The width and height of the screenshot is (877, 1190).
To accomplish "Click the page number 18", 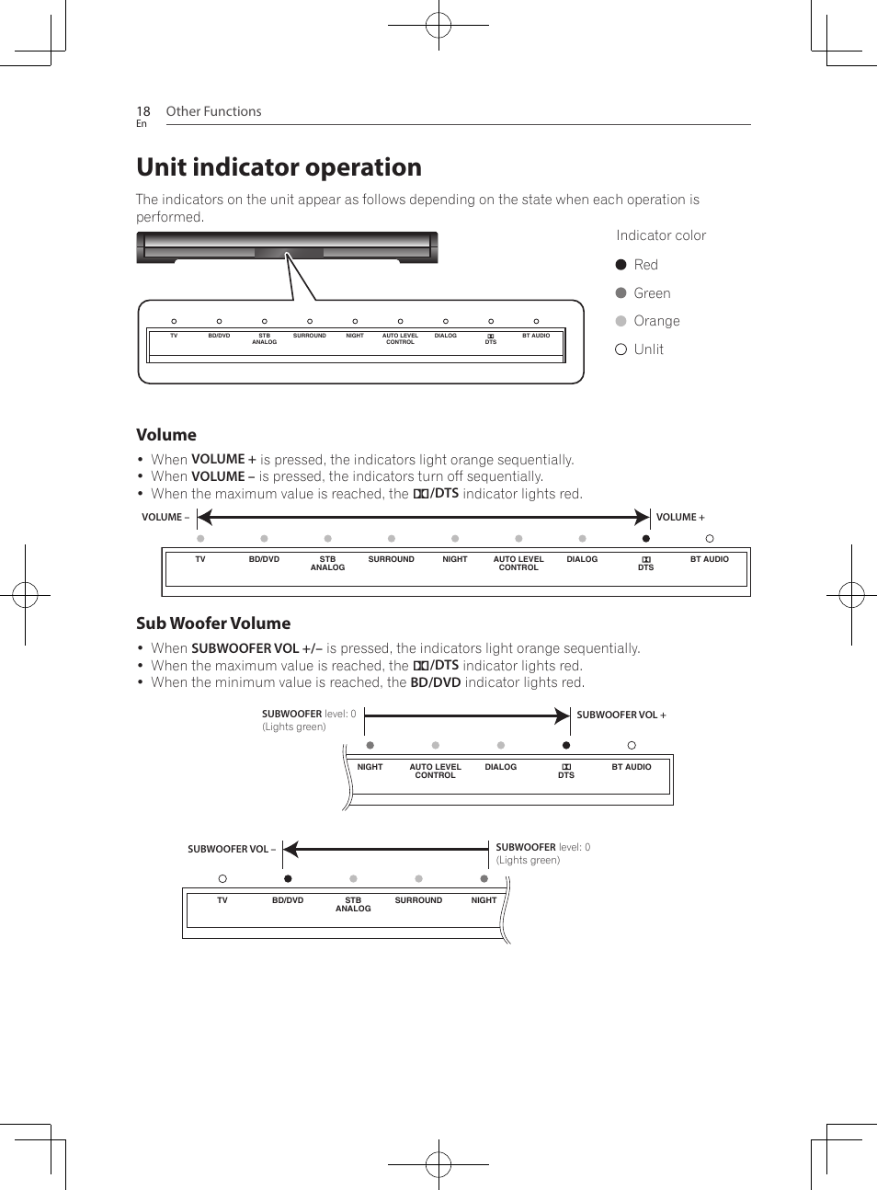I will (x=143, y=111).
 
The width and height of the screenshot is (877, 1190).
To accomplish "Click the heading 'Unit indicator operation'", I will (x=279, y=167).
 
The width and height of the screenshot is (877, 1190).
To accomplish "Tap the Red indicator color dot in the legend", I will (x=621, y=265).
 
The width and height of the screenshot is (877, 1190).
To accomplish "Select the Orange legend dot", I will (x=621, y=321).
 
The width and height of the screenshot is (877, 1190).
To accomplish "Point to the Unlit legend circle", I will (x=621, y=349).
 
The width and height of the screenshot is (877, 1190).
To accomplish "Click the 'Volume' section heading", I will (x=166, y=435).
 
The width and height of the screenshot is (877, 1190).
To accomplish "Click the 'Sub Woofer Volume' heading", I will (x=213, y=624).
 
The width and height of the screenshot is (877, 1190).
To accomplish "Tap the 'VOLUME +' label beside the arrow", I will (x=680, y=518).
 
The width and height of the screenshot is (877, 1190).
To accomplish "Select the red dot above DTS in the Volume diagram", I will (x=646, y=539).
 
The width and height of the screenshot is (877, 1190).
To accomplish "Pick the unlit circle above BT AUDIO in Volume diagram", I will (x=710, y=539).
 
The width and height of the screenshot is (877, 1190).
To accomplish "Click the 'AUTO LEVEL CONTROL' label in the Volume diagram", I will (x=518, y=563).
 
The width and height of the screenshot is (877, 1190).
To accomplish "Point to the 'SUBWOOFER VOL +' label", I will (x=621, y=715).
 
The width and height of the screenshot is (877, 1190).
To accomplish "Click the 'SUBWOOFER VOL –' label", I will (x=232, y=850).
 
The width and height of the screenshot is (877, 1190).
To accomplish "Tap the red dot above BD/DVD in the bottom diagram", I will (x=288, y=879).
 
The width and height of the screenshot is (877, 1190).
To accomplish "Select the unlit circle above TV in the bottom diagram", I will (x=222, y=879).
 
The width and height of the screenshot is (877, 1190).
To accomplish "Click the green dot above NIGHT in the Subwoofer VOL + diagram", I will (x=370, y=746).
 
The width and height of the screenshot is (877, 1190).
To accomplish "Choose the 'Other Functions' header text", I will (x=213, y=111).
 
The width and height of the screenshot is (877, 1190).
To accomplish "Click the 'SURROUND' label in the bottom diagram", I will (x=418, y=900).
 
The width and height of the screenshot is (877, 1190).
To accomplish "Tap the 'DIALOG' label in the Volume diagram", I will (x=582, y=559).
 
